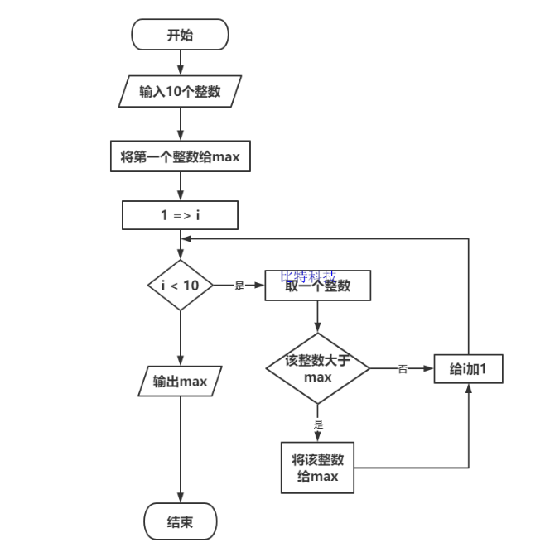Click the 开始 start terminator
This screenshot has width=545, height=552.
180,36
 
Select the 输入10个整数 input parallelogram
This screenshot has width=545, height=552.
180,91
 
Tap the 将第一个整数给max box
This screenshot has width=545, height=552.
180,156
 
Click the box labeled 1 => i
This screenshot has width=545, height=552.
180,215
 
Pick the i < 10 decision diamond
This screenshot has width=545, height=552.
180,286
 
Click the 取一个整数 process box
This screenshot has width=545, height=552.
317,286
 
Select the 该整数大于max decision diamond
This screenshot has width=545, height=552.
317,368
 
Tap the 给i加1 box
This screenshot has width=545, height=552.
469,369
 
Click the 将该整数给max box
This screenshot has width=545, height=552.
317,467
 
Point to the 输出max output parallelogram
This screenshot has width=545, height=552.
180,382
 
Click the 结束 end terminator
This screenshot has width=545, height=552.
180,522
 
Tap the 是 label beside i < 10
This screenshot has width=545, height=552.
239,286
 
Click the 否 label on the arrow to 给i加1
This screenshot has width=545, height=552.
403,369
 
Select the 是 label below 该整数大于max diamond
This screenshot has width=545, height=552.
318,423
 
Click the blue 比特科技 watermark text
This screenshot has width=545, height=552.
308,276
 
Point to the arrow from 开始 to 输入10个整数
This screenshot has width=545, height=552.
180,63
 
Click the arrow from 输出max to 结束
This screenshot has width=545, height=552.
180,451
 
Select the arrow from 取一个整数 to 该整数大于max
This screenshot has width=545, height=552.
317,317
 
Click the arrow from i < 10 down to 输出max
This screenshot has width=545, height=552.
180,339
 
